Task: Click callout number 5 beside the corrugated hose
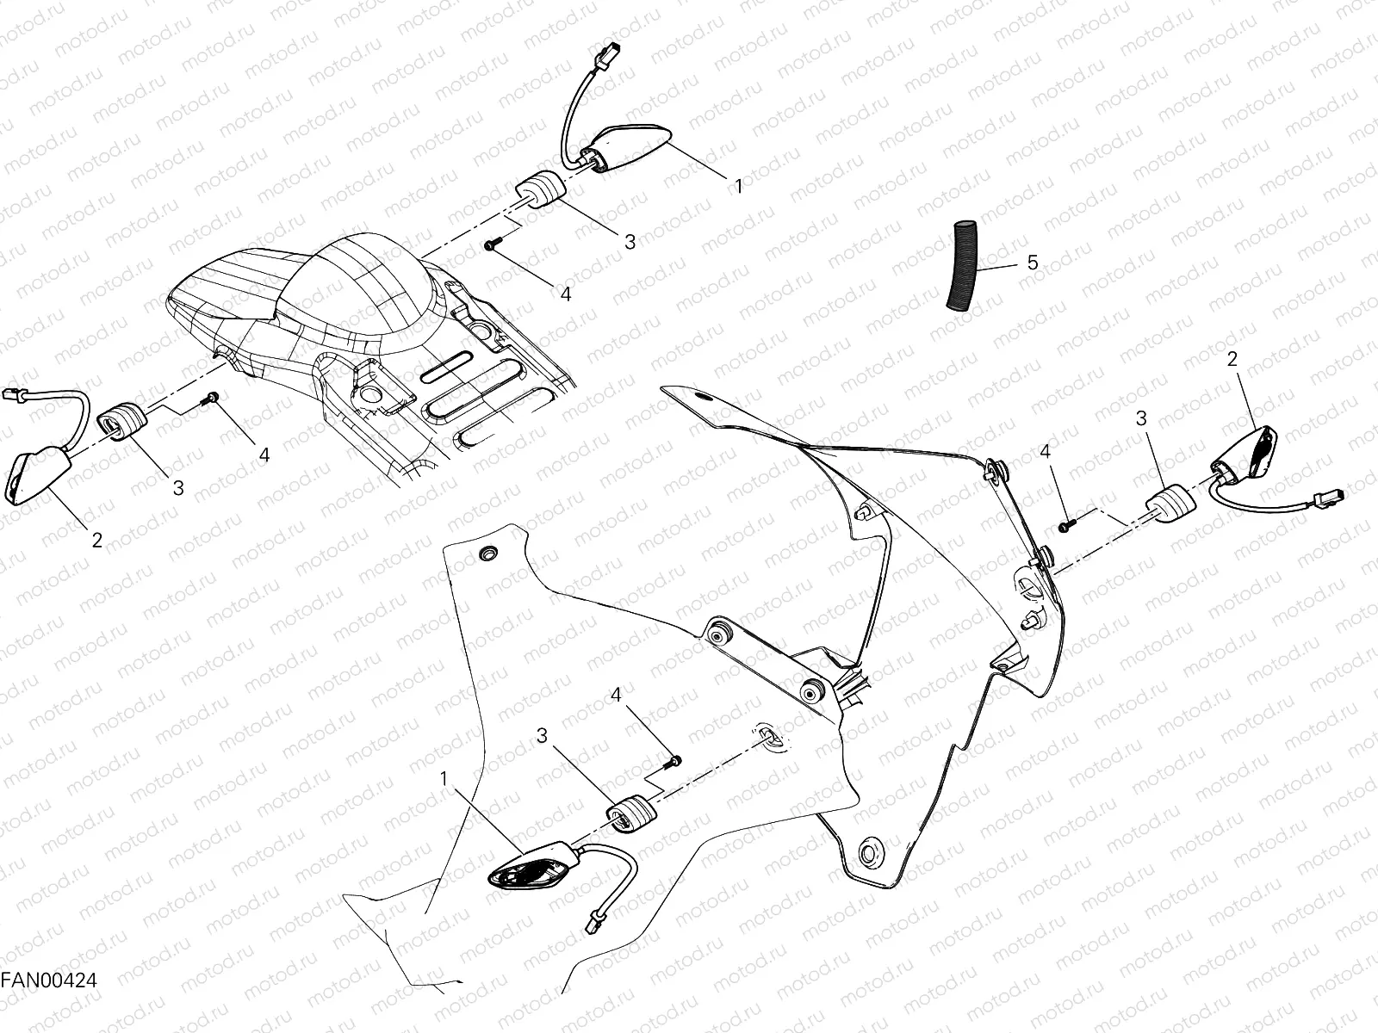[1033, 263]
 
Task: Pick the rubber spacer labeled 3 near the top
[538, 191]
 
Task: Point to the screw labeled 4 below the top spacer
[490, 246]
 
